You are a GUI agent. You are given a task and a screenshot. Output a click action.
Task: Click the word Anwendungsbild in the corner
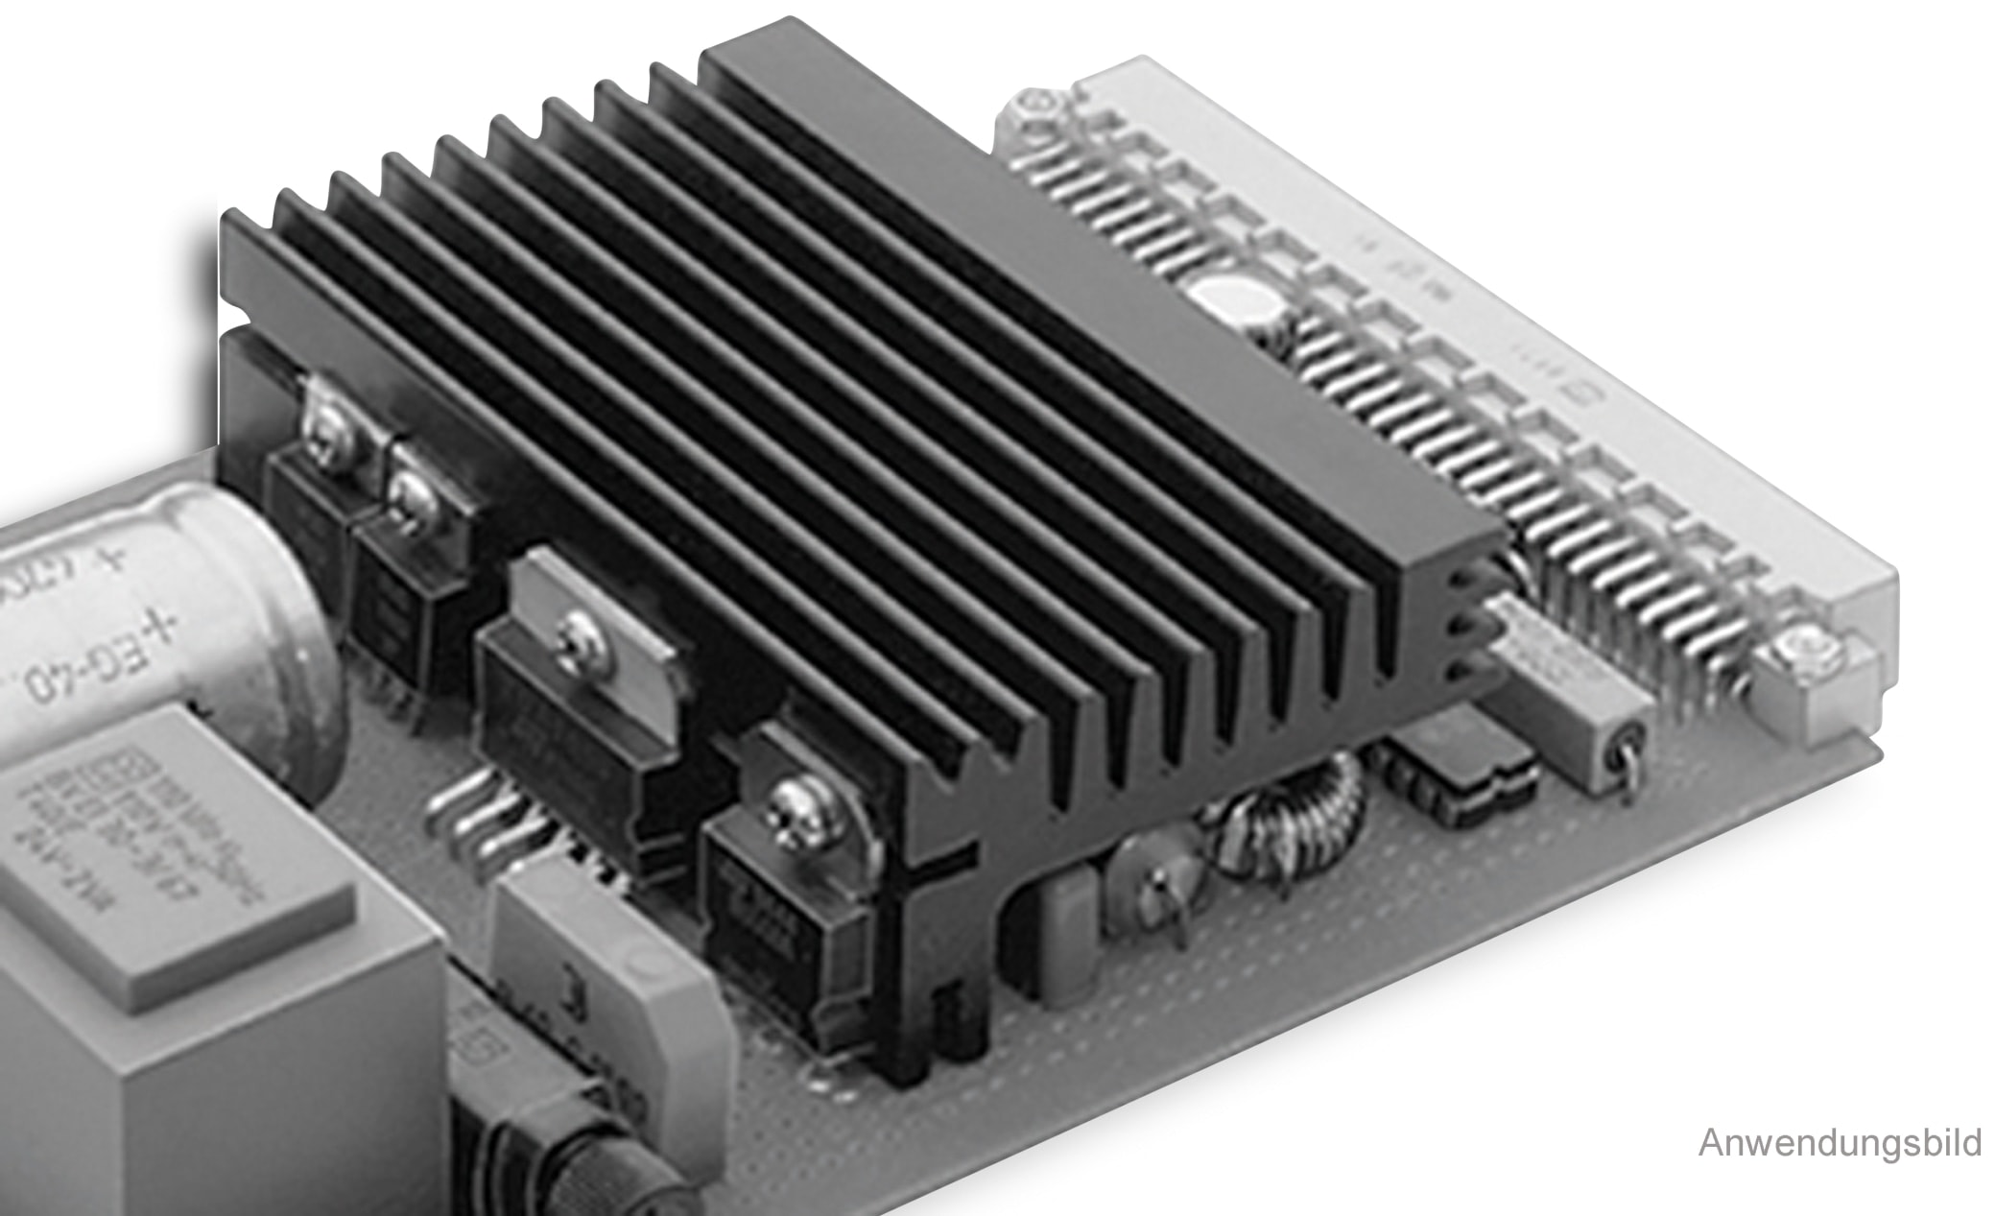tap(1839, 1143)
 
